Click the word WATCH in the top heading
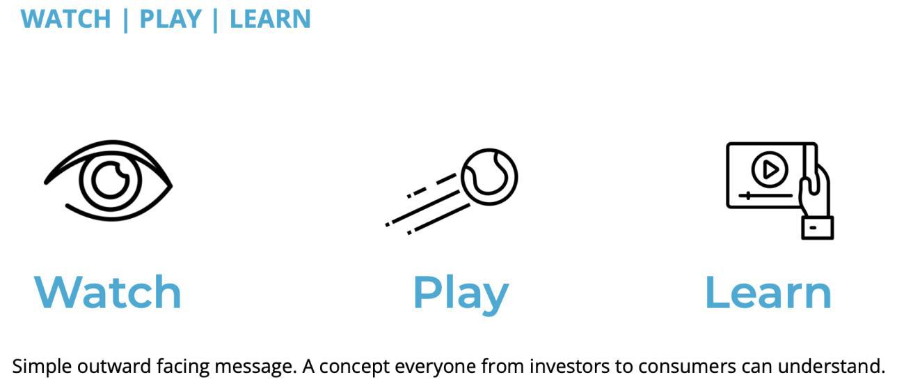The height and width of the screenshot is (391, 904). click(x=66, y=19)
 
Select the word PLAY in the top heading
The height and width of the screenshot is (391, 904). click(x=171, y=19)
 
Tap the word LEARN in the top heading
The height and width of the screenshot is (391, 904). click(x=271, y=19)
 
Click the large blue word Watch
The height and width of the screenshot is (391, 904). click(x=108, y=292)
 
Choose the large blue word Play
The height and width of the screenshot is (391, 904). click(x=461, y=294)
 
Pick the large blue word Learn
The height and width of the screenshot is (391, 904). click(x=768, y=292)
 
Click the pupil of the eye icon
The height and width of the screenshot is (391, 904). click(x=110, y=181)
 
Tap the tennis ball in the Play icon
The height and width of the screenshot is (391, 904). click(x=489, y=177)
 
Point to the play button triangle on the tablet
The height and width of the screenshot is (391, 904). click(x=770, y=169)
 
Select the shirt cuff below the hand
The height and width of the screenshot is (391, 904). click(x=817, y=228)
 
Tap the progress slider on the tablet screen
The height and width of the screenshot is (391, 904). click(x=766, y=196)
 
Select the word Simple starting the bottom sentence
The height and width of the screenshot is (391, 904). click(x=42, y=367)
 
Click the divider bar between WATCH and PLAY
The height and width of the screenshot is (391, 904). click(x=125, y=21)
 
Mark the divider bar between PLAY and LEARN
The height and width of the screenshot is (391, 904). click(x=215, y=21)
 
